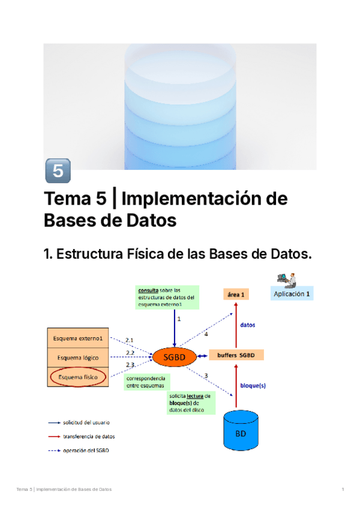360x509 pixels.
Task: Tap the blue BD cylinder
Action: [x=241, y=430]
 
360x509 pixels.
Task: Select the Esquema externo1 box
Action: [x=77, y=339]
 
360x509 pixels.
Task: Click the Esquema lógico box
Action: [x=77, y=358]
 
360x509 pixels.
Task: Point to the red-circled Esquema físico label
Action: [x=78, y=377]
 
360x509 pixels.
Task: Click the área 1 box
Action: [x=235, y=294]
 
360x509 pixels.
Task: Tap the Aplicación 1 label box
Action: [x=292, y=294]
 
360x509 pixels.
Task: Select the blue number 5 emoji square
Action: [x=58, y=171]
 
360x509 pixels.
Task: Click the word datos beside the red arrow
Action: [x=248, y=325]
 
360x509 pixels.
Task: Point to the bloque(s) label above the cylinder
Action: [x=253, y=385]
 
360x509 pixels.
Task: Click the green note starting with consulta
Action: [x=166, y=297]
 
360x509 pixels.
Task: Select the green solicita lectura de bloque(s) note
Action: [x=190, y=403]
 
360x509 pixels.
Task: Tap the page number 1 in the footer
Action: [x=343, y=490]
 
